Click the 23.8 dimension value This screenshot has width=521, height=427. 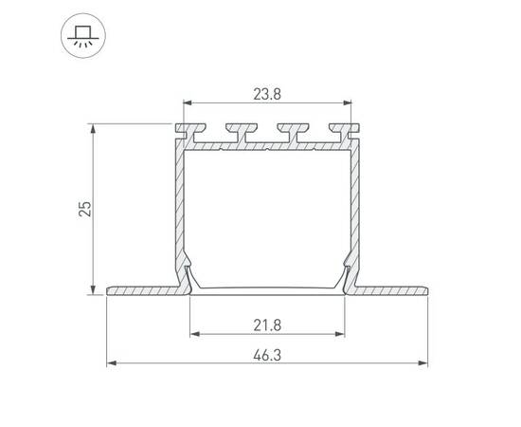pos(267,95)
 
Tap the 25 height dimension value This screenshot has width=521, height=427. pos(85,209)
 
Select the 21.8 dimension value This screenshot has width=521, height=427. pos(267,325)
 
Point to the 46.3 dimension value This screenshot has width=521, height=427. pos(267,355)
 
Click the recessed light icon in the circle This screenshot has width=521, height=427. pos(83,36)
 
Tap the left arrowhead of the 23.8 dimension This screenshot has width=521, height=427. pos(188,102)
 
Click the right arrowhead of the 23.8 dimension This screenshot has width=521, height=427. pos(348,102)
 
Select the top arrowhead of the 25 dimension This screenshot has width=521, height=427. pos(94,128)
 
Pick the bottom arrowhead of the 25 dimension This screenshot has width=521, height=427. pos(94,289)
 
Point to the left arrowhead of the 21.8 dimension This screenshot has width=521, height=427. pos(194,334)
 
